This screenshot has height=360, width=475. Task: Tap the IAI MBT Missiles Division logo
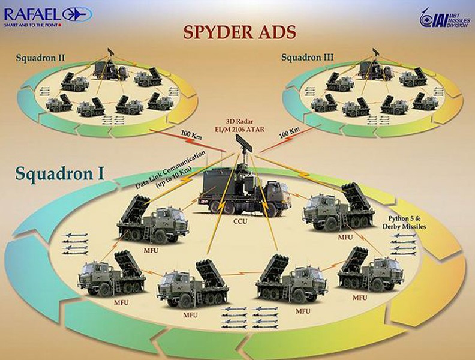pos(444,19)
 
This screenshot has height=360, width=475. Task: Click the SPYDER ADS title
pos(240,32)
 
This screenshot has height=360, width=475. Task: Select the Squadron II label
pos(40,58)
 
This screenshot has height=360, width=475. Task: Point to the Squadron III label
pos(307,57)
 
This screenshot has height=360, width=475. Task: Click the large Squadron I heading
pos(60,173)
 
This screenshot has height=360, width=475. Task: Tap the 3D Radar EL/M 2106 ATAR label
pos(242,127)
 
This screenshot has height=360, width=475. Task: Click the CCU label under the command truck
pos(240,221)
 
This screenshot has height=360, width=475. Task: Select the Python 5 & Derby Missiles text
pos(404,223)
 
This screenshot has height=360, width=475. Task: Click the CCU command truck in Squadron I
pos(245,193)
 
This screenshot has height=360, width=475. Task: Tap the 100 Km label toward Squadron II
pos(191,134)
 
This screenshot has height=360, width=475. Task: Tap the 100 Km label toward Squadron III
pos(289,133)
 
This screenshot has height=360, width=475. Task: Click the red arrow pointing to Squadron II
pos(188,140)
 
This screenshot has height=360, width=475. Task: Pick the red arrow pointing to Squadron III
pos(287,139)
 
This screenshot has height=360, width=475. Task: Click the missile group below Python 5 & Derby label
pos(403,244)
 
